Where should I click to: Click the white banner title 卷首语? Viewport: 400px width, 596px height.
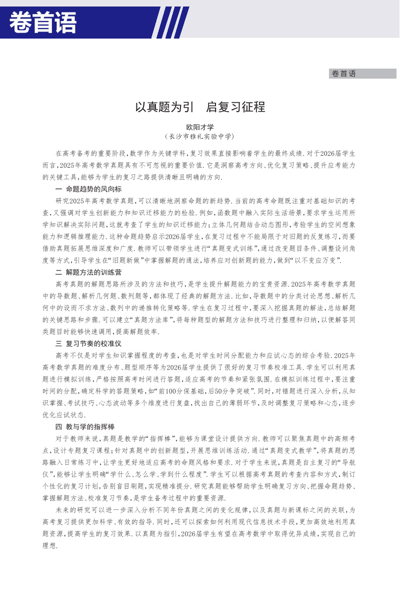click(43, 23)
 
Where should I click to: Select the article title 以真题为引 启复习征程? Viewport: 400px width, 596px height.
click(200, 107)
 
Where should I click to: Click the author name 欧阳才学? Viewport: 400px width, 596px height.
click(199, 127)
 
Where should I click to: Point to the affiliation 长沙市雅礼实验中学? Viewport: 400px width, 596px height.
click(199, 136)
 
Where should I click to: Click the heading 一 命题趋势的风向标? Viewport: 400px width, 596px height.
click(88, 189)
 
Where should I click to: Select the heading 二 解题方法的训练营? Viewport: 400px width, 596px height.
click(88, 272)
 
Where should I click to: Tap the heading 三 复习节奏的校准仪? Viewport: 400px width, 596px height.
click(88, 344)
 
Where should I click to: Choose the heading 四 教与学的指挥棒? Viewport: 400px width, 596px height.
click(85, 427)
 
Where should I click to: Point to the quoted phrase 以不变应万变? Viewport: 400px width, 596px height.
click(316, 260)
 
